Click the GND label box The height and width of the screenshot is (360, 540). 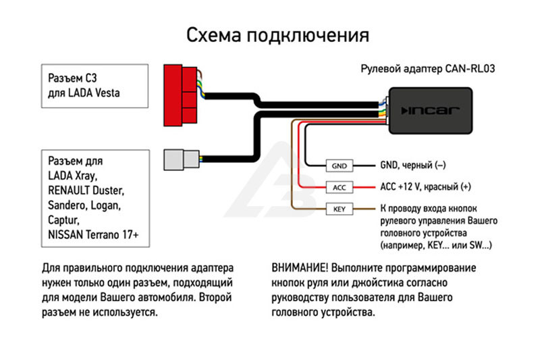[x=340, y=165]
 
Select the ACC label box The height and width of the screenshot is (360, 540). [x=340, y=187]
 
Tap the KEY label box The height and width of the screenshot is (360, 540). [x=340, y=209]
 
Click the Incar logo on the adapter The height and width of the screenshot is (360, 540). [x=430, y=111]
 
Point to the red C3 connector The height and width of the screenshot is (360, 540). [x=180, y=95]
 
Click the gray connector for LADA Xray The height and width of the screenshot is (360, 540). [x=182, y=159]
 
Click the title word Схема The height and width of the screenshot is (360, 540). [x=213, y=35]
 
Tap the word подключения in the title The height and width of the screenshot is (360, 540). [x=308, y=36]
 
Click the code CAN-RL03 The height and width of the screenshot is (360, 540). [x=470, y=68]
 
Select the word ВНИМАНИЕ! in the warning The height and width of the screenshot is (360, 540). [x=300, y=267]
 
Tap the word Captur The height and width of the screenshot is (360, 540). [x=63, y=220]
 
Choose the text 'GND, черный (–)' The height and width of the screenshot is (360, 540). [x=413, y=165]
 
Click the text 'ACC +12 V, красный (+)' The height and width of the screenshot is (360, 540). [x=426, y=186]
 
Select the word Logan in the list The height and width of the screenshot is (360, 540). [x=106, y=205]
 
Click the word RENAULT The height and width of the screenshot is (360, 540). [x=69, y=190]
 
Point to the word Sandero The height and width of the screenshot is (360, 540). [x=68, y=205]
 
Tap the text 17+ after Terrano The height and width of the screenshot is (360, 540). [x=130, y=234]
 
